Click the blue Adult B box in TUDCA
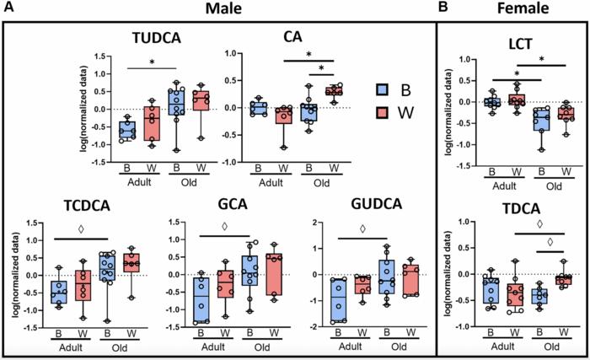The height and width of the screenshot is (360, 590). [127, 131]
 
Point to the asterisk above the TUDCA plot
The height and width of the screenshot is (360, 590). [152, 62]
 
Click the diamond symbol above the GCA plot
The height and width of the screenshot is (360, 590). [224, 226]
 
